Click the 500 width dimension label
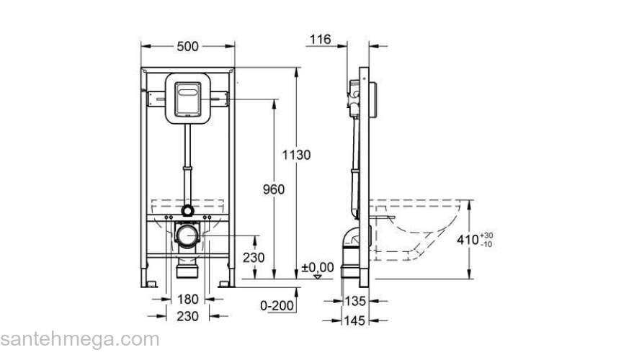coord(187,47)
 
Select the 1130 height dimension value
coord(296,155)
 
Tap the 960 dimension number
coord(273,189)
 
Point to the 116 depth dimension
coord(320,40)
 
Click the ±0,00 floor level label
coord(317,267)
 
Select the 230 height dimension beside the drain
coord(253,258)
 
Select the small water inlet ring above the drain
coord(188,211)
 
